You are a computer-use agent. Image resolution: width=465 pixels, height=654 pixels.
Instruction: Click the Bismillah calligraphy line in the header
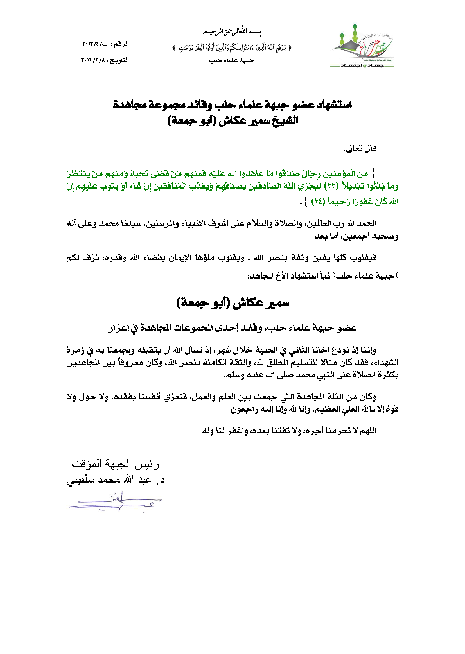point(232,31)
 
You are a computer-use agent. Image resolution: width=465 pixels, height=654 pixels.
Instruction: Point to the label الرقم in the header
point(121,44)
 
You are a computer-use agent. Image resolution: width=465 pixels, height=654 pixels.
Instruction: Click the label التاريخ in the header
point(120,60)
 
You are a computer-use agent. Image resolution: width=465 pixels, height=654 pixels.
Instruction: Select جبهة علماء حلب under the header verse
point(231,60)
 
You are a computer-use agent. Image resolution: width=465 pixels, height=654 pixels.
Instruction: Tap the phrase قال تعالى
point(360,148)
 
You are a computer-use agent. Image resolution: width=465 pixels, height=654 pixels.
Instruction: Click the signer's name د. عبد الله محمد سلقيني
point(116,480)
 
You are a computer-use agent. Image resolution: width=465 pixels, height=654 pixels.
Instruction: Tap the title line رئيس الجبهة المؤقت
point(116,464)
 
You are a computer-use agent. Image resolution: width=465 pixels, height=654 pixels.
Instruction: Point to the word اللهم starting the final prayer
point(368,431)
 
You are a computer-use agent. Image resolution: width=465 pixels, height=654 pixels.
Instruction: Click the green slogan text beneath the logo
point(362,66)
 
